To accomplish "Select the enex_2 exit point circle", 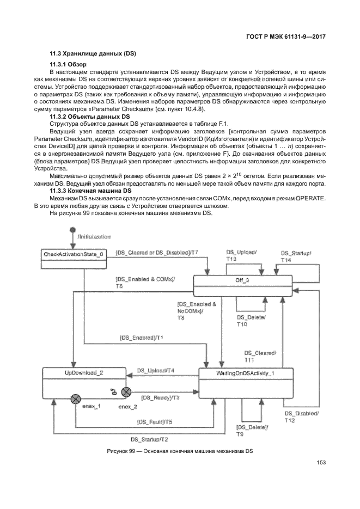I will (x=126, y=391).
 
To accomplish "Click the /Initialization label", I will (x=94, y=237).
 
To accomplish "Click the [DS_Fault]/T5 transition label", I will (x=155, y=422).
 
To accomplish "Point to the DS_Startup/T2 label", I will (x=149, y=439).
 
